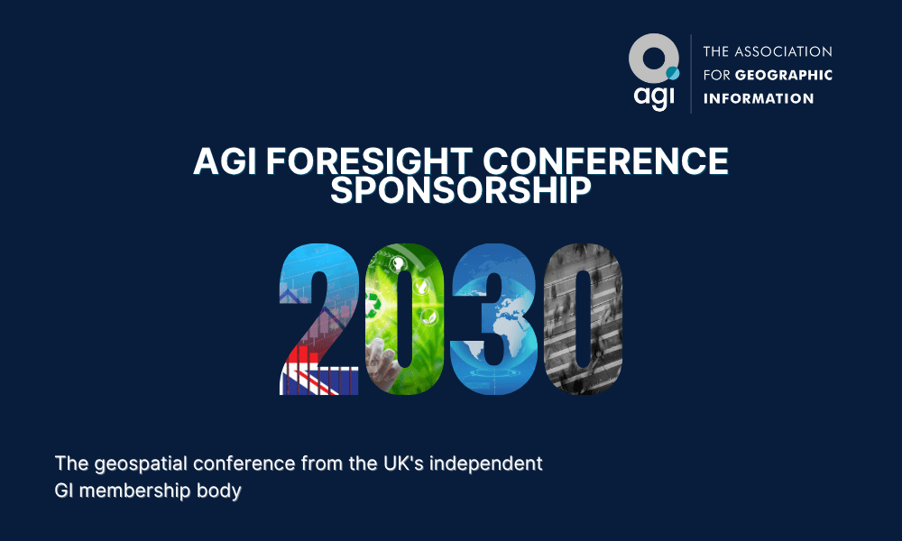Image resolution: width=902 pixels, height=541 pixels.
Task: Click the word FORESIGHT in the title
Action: pyautogui.click(x=369, y=161)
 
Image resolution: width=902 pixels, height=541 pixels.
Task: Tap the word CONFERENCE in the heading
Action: pyautogui.click(x=606, y=161)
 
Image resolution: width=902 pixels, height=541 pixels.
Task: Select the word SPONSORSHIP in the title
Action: pyautogui.click(x=461, y=190)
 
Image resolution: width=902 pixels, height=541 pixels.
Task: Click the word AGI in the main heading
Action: pyautogui.click(x=225, y=161)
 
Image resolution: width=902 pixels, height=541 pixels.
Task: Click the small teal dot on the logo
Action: pyautogui.click(x=673, y=73)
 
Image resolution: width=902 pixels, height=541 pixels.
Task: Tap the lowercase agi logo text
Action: pyautogui.click(x=653, y=97)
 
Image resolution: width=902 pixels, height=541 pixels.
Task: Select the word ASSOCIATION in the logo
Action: pyautogui.click(x=784, y=51)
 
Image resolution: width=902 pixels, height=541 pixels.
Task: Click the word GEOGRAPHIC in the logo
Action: pyautogui.click(x=784, y=76)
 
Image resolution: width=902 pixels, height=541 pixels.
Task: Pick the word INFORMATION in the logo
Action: pyautogui.click(x=759, y=98)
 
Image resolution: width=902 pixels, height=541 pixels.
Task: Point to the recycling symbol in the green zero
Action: pyautogui.click(x=374, y=304)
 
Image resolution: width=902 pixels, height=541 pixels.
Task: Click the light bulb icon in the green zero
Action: pyautogui.click(x=397, y=264)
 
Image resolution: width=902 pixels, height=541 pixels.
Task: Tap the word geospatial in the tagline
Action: pyautogui.click(x=141, y=464)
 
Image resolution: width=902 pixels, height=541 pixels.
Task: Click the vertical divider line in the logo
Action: pyautogui.click(x=691, y=74)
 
